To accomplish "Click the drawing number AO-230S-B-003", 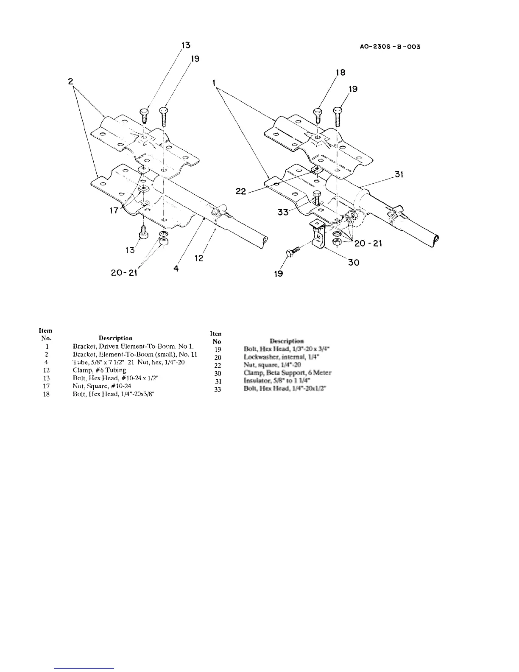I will [x=389, y=47].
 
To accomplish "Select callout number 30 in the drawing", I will [x=354, y=263].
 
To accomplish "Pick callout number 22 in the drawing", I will [x=241, y=192].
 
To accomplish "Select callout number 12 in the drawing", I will [x=199, y=258].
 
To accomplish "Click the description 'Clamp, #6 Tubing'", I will [x=99, y=370].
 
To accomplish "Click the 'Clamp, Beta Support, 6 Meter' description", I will [x=287, y=373].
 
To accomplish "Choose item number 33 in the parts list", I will [x=218, y=389].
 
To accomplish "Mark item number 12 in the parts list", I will [x=47, y=370].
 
